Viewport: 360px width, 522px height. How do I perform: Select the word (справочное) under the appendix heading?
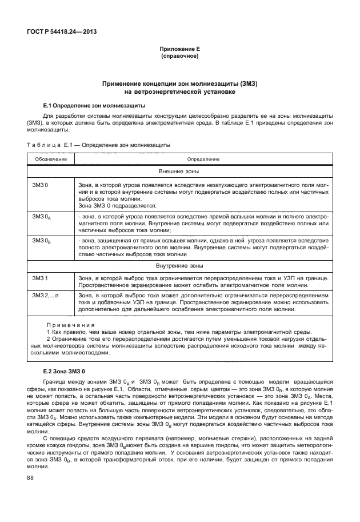pyautogui.click(x=180, y=58)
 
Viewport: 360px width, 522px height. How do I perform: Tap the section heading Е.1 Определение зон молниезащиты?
pyautogui.click(x=94, y=106)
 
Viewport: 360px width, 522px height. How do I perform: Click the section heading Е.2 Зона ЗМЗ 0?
pyautogui.click(x=64, y=372)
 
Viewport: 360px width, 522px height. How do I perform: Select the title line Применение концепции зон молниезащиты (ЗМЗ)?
pyautogui.click(x=180, y=83)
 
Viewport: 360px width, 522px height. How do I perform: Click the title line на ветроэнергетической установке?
pyautogui.click(x=180, y=91)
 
